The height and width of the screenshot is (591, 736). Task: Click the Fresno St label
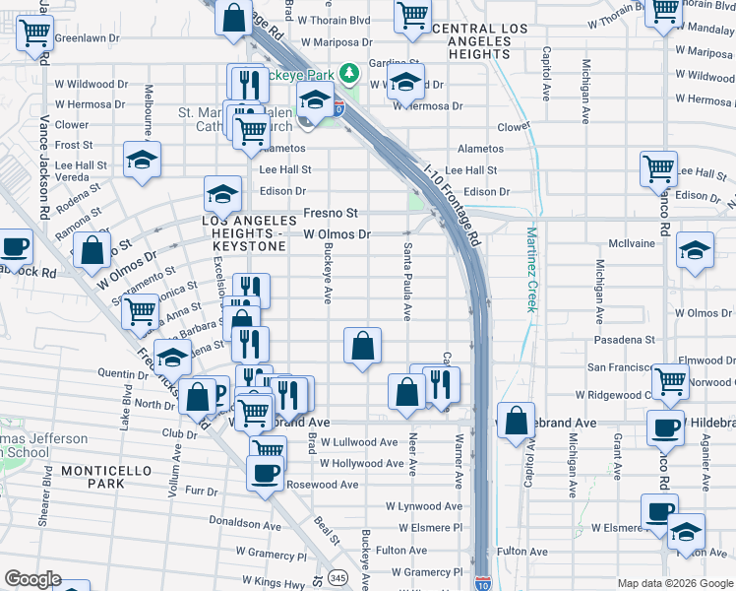[x=331, y=213]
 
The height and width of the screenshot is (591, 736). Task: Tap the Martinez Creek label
[x=531, y=269]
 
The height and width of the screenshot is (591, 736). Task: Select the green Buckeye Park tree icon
[x=347, y=73]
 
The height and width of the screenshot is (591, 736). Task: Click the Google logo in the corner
[x=31, y=579]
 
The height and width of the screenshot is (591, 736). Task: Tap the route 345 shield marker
[x=338, y=576]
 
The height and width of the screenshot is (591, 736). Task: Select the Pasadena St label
[x=625, y=340]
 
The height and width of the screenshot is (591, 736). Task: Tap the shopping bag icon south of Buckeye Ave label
[x=362, y=347]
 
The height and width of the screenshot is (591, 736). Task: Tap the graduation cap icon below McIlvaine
[x=695, y=251]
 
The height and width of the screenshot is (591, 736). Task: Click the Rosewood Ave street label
[x=322, y=485]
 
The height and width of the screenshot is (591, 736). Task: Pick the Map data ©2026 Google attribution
[x=674, y=583]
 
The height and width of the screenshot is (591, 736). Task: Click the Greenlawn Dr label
[x=87, y=38]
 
